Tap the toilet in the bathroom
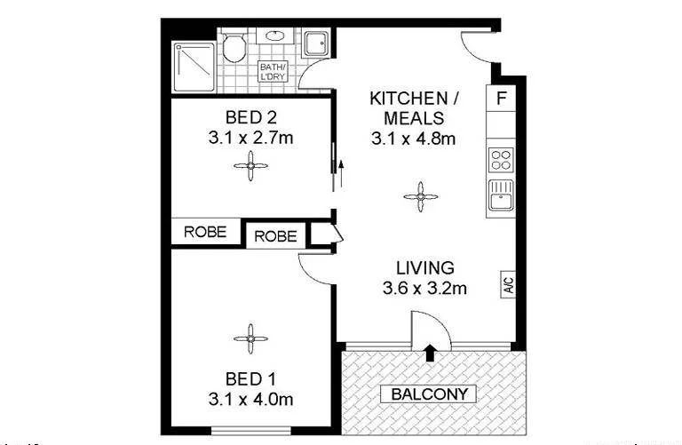[236, 47]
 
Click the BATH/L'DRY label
[273, 72]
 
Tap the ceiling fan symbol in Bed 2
[250, 164]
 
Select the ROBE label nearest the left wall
[206, 232]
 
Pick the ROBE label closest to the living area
[276, 236]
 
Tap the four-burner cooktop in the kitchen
[501, 160]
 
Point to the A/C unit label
[509, 286]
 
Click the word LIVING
[425, 267]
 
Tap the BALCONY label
[428, 393]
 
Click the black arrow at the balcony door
[431, 354]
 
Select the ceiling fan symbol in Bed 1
[250, 338]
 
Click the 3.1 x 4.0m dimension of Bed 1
[250, 400]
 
